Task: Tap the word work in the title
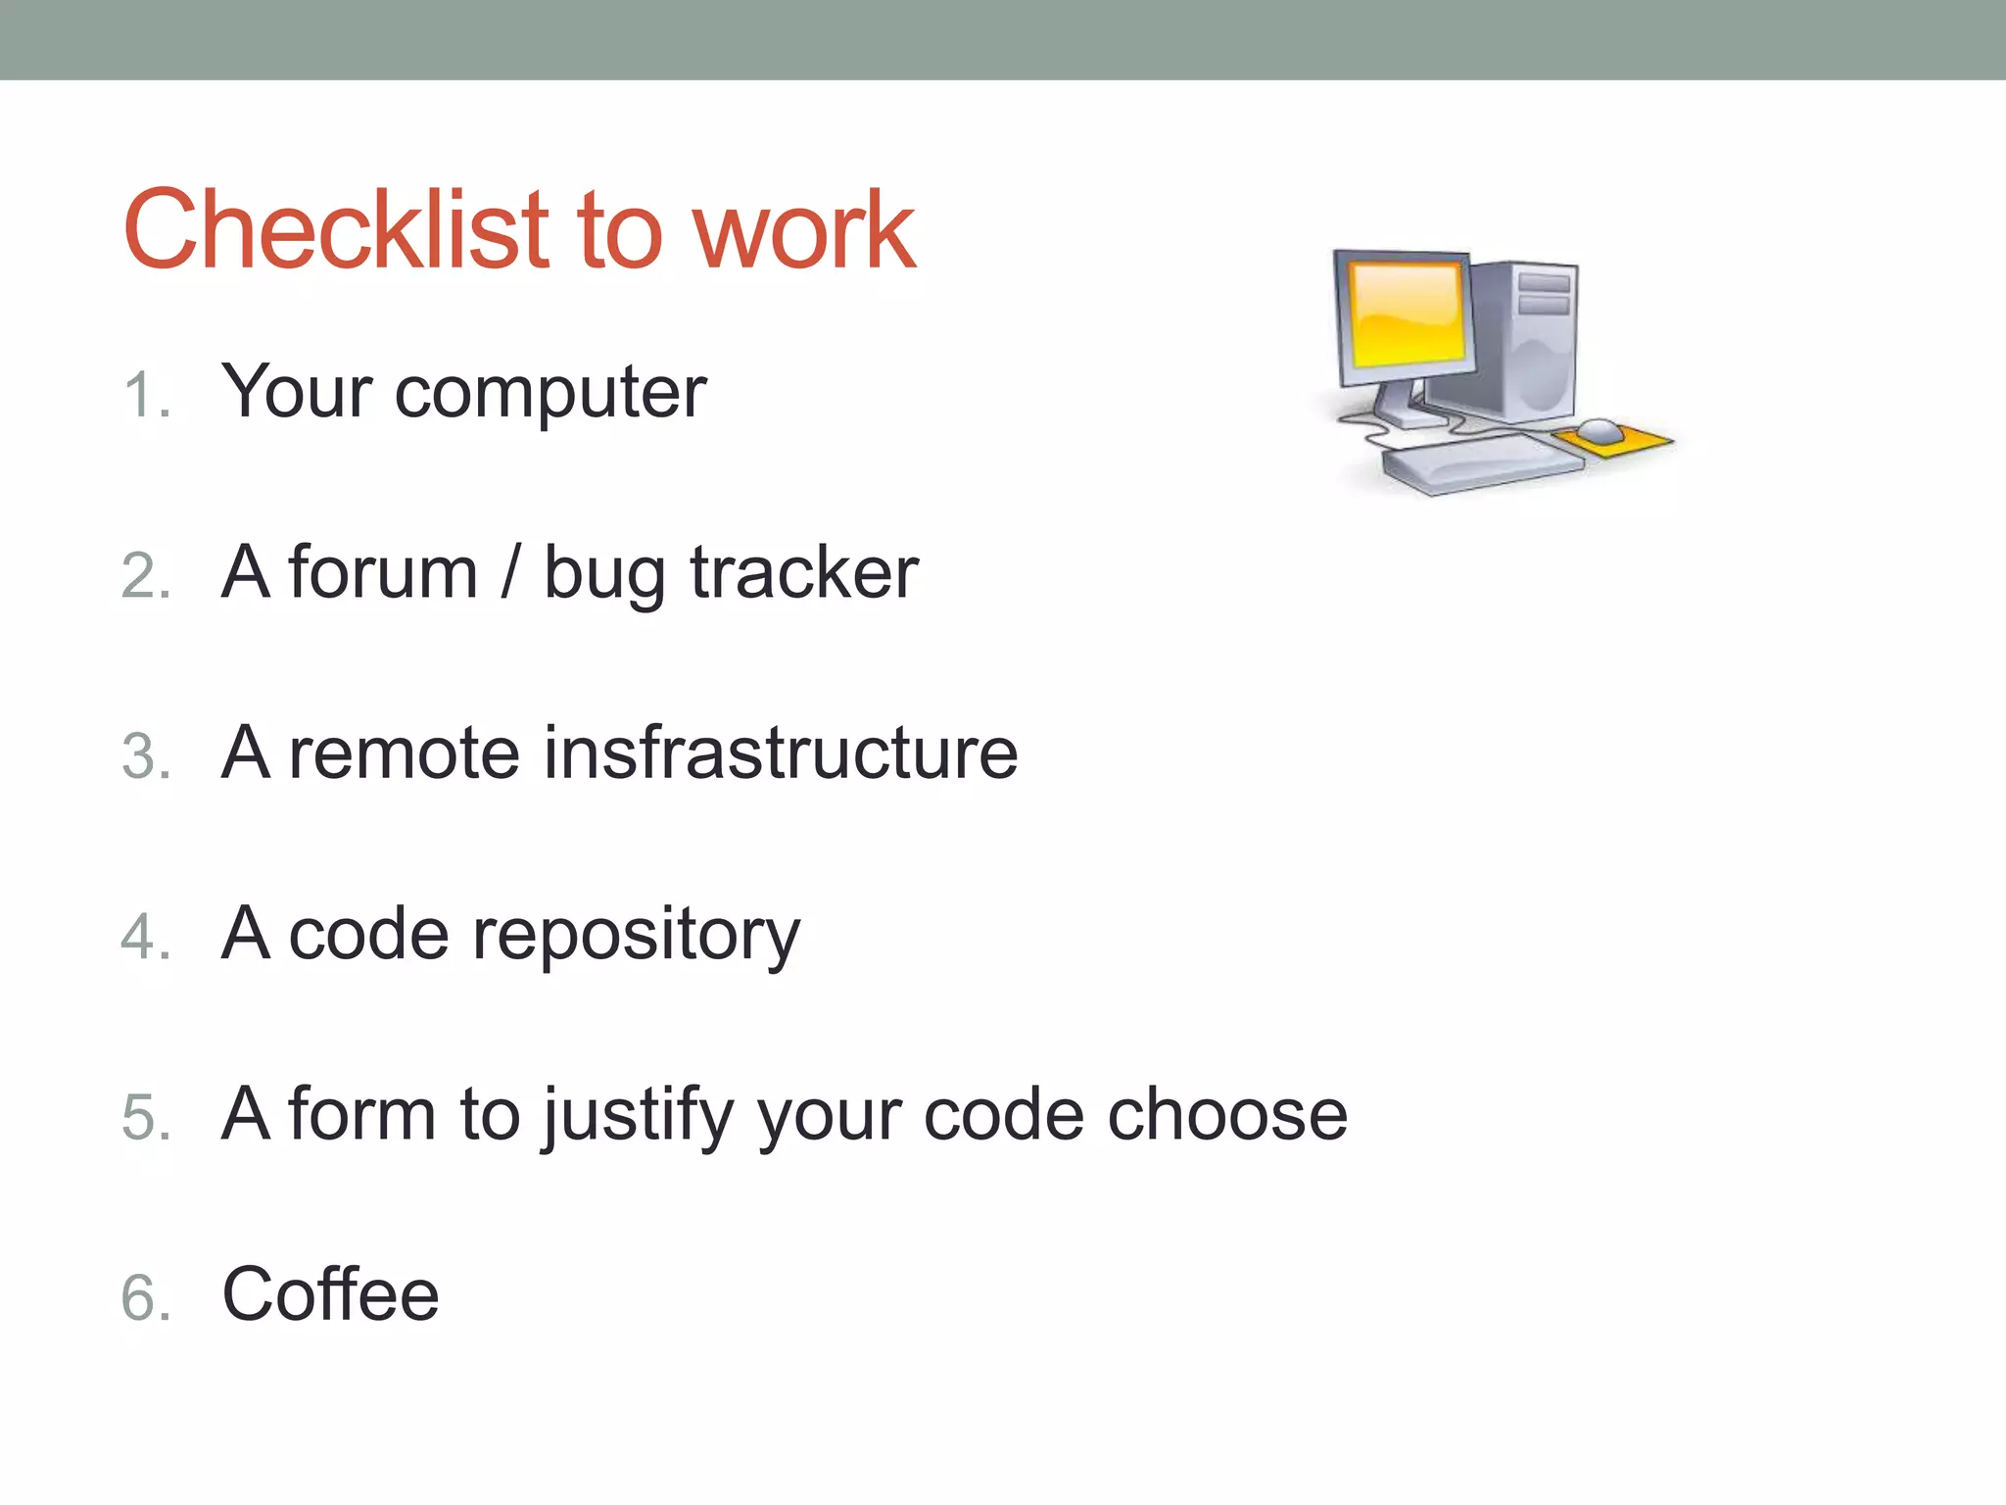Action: [803, 233]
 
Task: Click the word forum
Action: [382, 573]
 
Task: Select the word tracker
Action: [803, 573]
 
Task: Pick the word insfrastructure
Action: [780, 753]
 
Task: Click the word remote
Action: [404, 753]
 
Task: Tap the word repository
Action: [636, 937]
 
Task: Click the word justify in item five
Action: [638, 1117]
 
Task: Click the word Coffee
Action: [330, 1294]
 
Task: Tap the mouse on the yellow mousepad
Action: [1600, 430]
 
